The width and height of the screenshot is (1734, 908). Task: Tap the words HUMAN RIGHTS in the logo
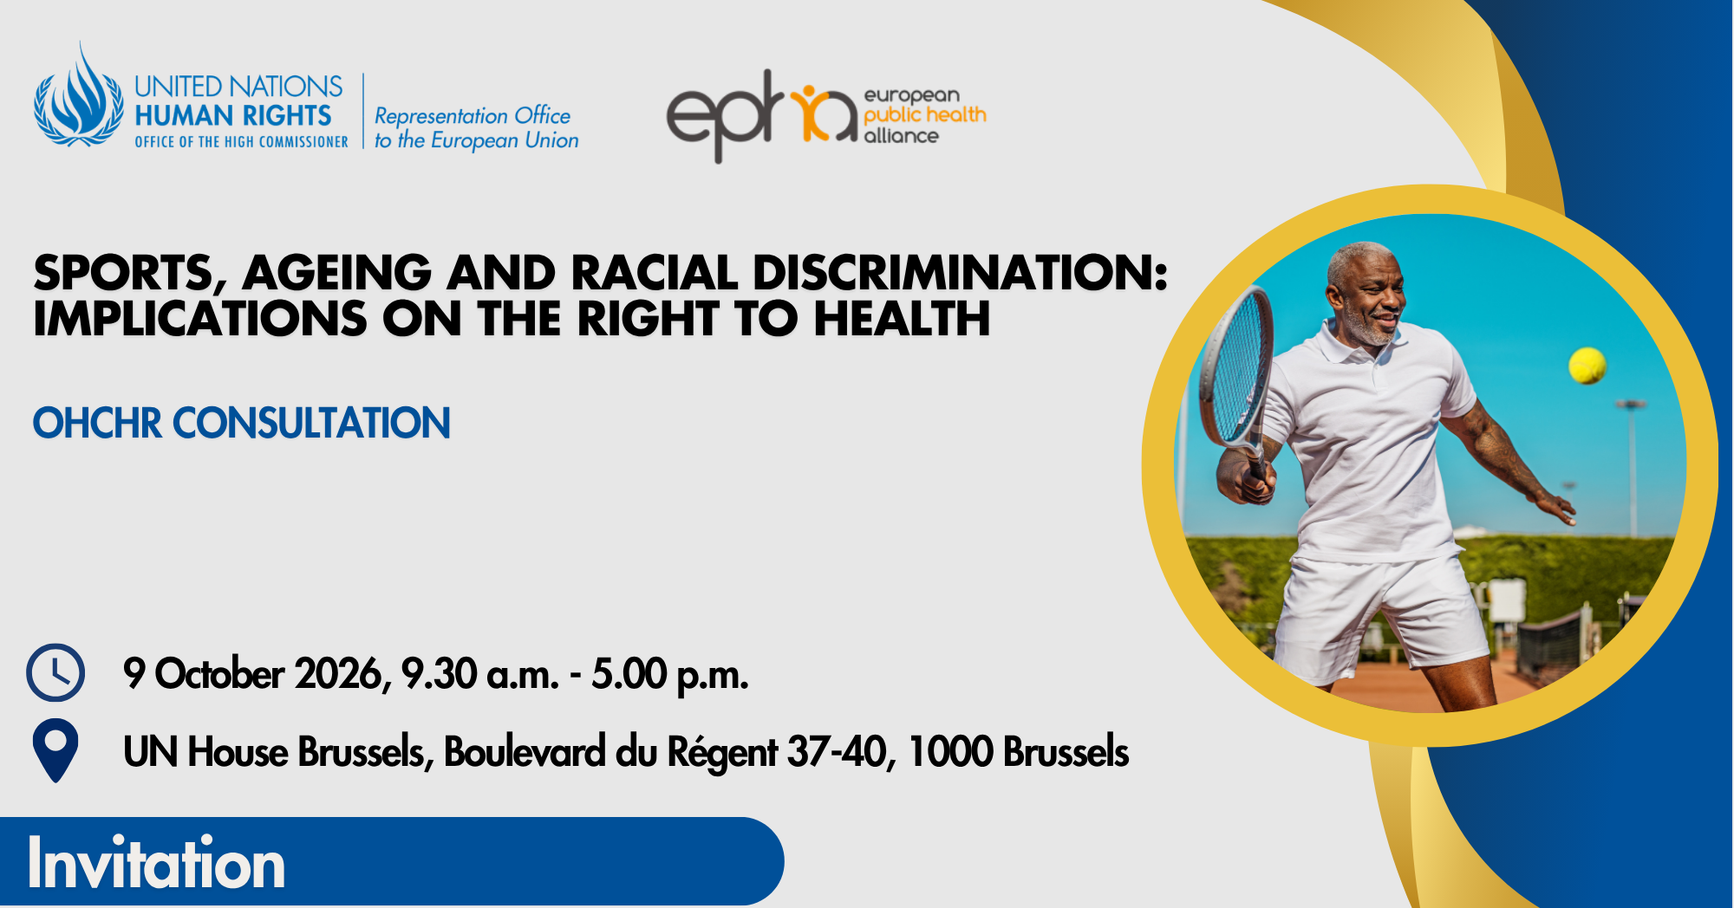[233, 115]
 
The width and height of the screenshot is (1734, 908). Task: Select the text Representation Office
[473, 115]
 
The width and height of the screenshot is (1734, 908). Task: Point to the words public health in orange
[925, 115]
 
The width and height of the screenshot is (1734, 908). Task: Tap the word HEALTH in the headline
[902, 319]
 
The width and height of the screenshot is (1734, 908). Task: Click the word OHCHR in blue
[97, 424]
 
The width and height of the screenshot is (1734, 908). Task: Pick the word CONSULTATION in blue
[312, 424]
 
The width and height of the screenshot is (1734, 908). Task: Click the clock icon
[55, 672]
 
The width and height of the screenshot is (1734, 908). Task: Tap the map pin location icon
[55, 750]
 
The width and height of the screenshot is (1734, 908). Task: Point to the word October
[219, 674]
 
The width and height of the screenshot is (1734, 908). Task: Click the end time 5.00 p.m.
[670, 675]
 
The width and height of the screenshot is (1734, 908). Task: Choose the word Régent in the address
[722, 752]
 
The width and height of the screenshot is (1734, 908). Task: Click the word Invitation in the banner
[156, 863]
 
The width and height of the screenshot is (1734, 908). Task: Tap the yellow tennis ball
[1587, 366]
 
